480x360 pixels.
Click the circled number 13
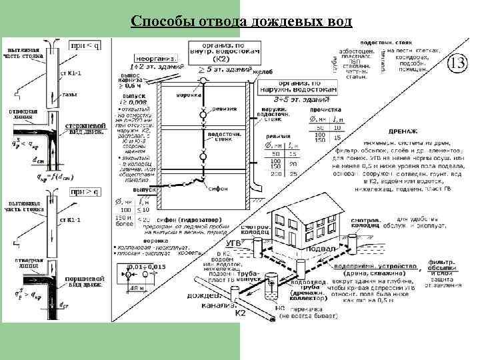[457, 63]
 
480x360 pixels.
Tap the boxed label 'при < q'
[85, 45]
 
